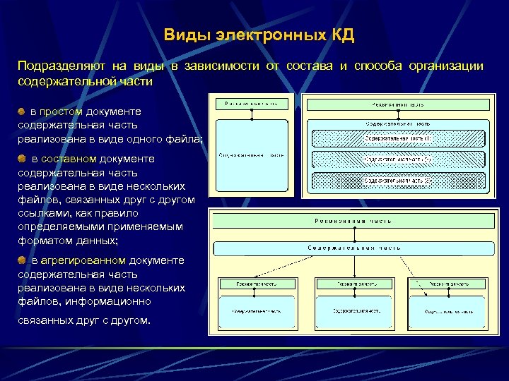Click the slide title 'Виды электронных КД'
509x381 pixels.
(259, 35)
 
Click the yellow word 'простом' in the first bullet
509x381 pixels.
(62, 111)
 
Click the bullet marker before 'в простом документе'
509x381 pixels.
(22, 111)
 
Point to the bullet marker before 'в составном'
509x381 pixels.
(22, 159)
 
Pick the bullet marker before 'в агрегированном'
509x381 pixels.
(22, 260)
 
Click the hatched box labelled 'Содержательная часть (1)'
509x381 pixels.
(397, 139)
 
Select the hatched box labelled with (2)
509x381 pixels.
(397, 160)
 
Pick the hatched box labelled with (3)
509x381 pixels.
(397, 181)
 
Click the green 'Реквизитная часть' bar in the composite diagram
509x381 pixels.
(397, 104)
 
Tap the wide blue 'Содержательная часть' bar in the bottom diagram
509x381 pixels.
(353, 248)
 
